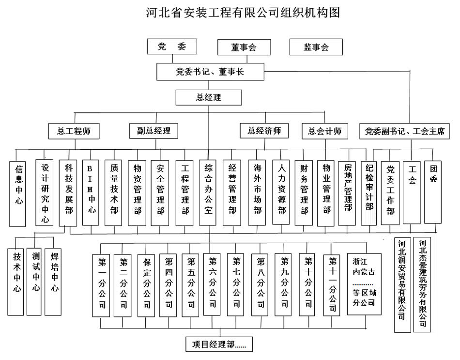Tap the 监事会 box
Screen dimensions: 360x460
click(316, 47)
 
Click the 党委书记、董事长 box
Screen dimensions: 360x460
click(210, 72)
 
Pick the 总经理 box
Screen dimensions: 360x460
click(209, 97)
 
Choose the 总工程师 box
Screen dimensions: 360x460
click(74, 130)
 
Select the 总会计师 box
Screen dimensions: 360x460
click(324, 130)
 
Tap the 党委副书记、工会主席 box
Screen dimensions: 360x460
click(404, 131)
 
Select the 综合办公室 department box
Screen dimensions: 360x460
click(208, 192)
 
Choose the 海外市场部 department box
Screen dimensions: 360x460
click(257, 192)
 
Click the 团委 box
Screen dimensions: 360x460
click(433, 191)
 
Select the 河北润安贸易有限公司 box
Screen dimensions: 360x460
click(402, 284)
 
